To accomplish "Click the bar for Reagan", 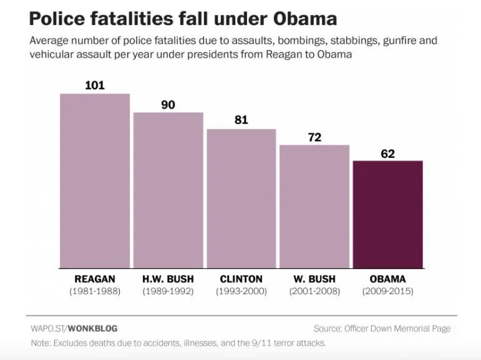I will click(95, 181).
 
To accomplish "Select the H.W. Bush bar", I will click(168, 190).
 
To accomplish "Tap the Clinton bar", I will click(241, 198).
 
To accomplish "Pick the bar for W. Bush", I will click(314, 207).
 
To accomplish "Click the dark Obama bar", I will click(387, 215).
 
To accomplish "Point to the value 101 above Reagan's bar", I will click(95, 85).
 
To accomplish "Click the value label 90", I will click(168, 104).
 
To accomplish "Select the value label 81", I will click(241, 120).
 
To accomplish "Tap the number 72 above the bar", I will click(314, 137).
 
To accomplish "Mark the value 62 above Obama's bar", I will click(387, 153).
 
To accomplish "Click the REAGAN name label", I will click(95, 279).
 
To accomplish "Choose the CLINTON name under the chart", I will click(241, 279).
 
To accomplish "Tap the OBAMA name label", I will click(387, 279).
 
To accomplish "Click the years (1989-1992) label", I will click(168, 291).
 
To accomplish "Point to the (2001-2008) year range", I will click(314, 291).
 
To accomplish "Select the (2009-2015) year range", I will click(387, 291).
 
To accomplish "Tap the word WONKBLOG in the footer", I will click(92, 328).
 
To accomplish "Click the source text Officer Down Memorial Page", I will click(397, 328).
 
